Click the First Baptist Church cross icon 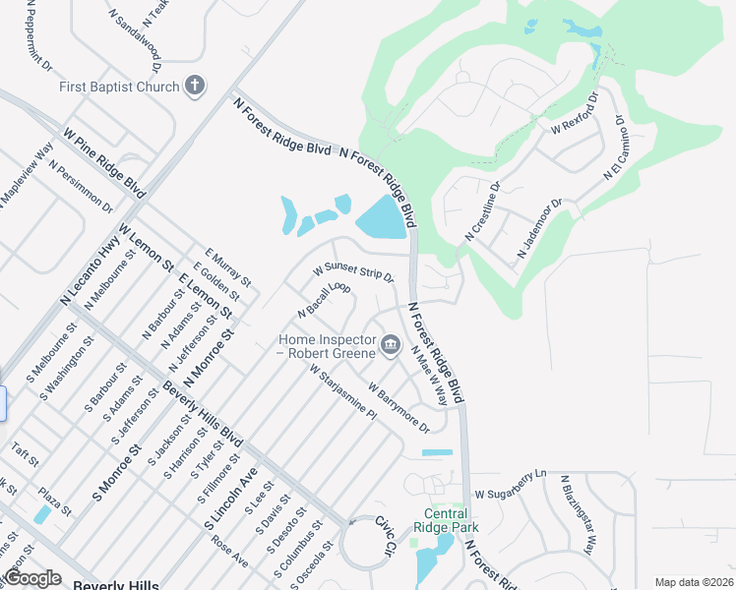(195, 86)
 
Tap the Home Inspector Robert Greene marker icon (391, 344)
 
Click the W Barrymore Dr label (399, 407)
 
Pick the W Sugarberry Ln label (510, 484)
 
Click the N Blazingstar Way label (578, 514)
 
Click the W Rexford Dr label (575, 114)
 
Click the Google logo (32, 578)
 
